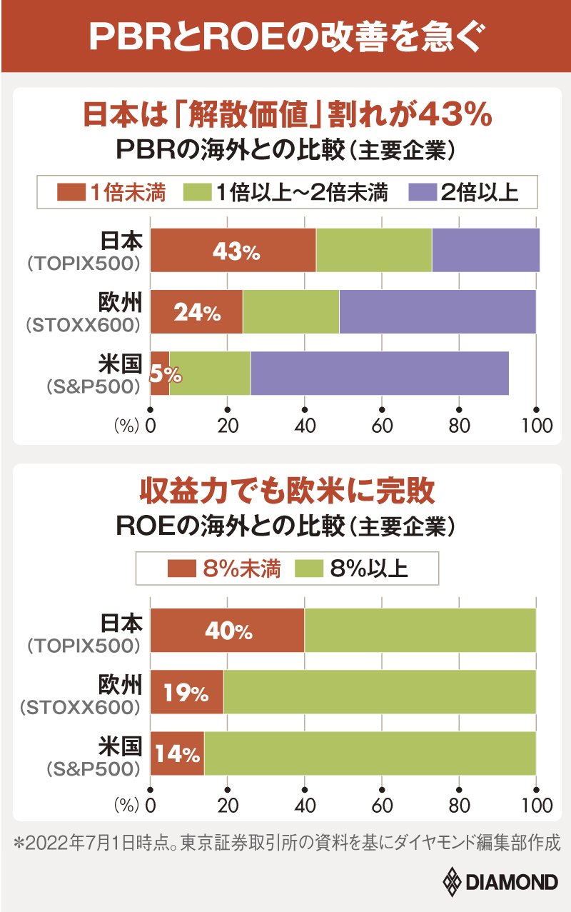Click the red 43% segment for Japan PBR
pyautogui.click(x=233, y=251)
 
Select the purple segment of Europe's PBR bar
pyautogui.click(x=437, y=312)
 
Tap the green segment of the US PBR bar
pyautogui.click(x=210, y=374)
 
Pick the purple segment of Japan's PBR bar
pyautogui.click(x=485, y=251)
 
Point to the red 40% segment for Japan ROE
pyautogui.click(x=227, y=631)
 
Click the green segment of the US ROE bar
pyautogui.click(x=370, y=754)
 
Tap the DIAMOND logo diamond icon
pyautogui.click(x=453, y=883)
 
